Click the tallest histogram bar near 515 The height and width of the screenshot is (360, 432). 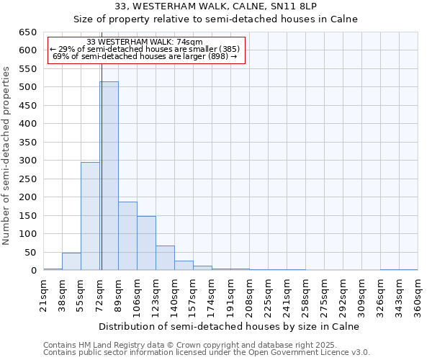109,176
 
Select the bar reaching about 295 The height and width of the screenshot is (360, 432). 90,216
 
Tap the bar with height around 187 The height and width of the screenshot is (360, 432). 127,236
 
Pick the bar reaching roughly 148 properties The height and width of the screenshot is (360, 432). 146,243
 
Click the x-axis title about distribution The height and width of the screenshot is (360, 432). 230,326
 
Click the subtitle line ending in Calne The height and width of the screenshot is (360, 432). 216,19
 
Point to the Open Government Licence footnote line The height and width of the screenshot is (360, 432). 207,353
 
